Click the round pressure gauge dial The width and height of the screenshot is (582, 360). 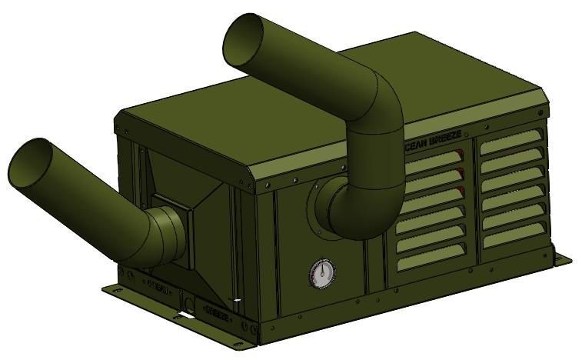[x=322, y=273]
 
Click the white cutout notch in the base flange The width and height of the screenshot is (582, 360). [x=185, y=316]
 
